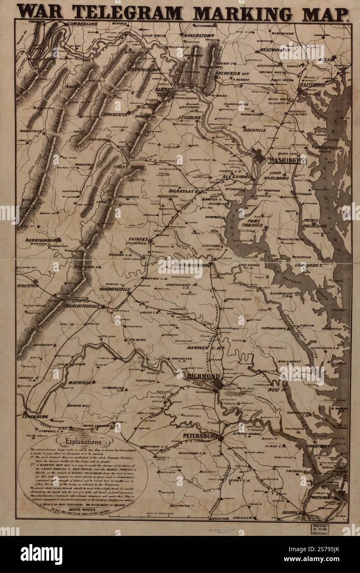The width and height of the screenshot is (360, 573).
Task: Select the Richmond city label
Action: tap(203, 376)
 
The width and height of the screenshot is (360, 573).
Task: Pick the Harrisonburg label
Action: tap(43, 240)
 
